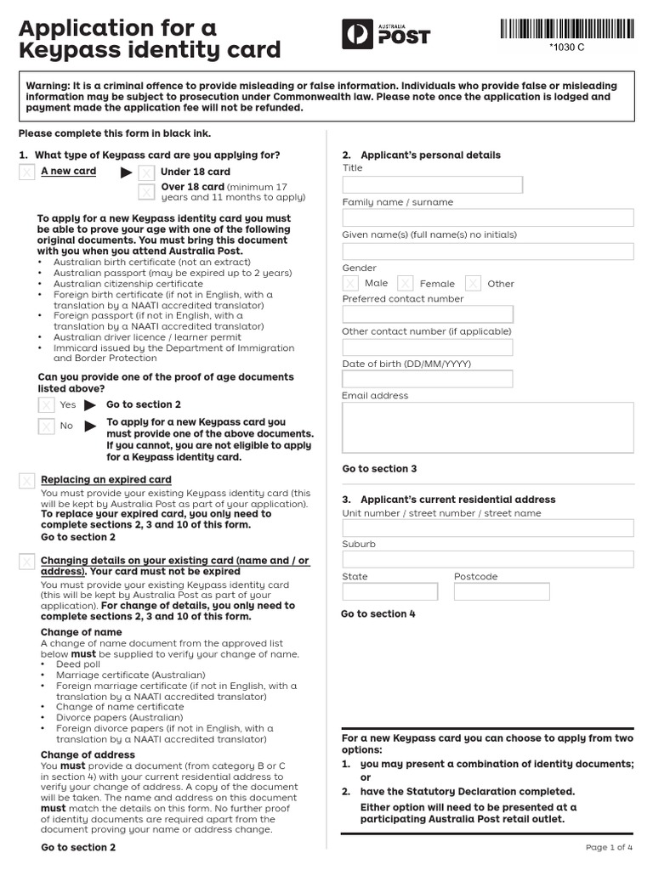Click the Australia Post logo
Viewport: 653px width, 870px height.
coord(386,34)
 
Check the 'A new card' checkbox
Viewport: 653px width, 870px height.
coord(27,172)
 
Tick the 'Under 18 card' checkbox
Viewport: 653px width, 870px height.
coord(147,172)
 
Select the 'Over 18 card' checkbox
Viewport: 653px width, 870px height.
coord(147,191)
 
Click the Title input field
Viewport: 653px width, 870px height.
coord(432,185)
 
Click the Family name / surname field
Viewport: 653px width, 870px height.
coord(487,218)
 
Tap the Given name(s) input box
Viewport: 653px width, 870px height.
coord(487,251)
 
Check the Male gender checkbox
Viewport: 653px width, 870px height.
coord(350,283)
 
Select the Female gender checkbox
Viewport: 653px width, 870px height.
coord(406,283)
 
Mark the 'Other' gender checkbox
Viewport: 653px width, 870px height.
coord(474,283)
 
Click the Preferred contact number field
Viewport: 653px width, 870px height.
coord(428,314)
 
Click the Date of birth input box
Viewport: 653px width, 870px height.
coord(428,379)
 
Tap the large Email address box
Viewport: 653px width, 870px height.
coord(487,427)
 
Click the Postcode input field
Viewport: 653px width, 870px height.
coord(502,591)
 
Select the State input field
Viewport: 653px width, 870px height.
coord(389,591)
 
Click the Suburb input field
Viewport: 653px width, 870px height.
coord(487,559)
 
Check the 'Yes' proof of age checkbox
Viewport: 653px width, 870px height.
coord(47,405)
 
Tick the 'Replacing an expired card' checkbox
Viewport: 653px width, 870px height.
coord(27,481)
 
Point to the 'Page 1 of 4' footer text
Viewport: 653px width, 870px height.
coord(609,847)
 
